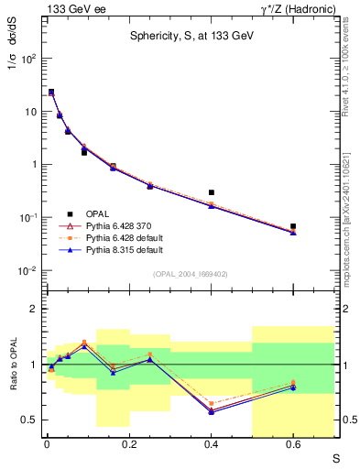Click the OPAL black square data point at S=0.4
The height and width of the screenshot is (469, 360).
212,192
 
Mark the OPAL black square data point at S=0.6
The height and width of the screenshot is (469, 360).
293,225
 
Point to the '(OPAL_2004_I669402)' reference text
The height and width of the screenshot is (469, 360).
191,274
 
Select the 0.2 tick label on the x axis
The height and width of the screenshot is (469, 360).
127,445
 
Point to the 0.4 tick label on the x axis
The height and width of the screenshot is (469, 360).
210,445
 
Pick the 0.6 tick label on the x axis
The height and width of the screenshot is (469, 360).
292,445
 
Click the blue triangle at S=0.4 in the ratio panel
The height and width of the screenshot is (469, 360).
212,412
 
